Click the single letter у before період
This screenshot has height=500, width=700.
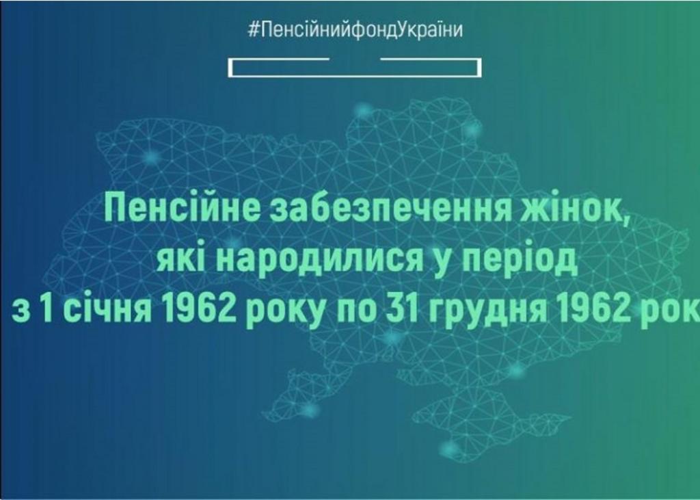click(x=442, y=261)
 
